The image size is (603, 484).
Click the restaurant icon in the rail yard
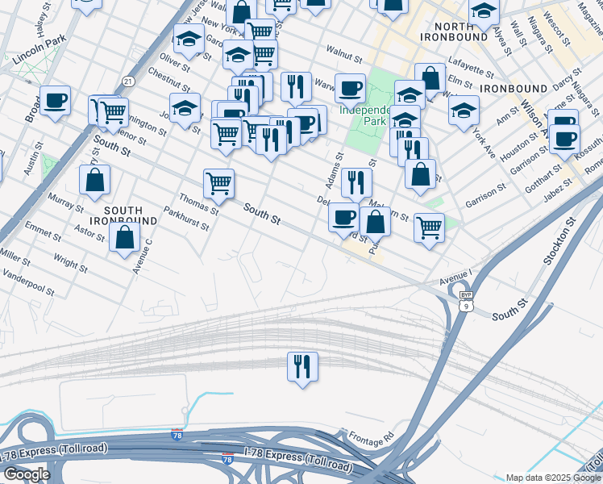(303, 366)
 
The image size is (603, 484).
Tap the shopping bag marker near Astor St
(125, 238)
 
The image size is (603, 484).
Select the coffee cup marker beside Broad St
(56, 101)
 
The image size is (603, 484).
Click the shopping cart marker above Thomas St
(218, 184)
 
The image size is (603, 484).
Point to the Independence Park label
(365, 115)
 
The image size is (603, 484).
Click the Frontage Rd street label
(371, 438)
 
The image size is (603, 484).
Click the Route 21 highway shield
(128, 81)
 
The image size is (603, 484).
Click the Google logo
(27, 474)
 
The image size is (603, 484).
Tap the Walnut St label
(342, 52)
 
